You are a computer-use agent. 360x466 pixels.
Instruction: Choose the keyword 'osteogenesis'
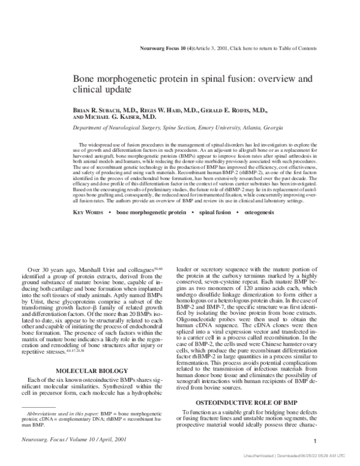(x=265, y=196)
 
